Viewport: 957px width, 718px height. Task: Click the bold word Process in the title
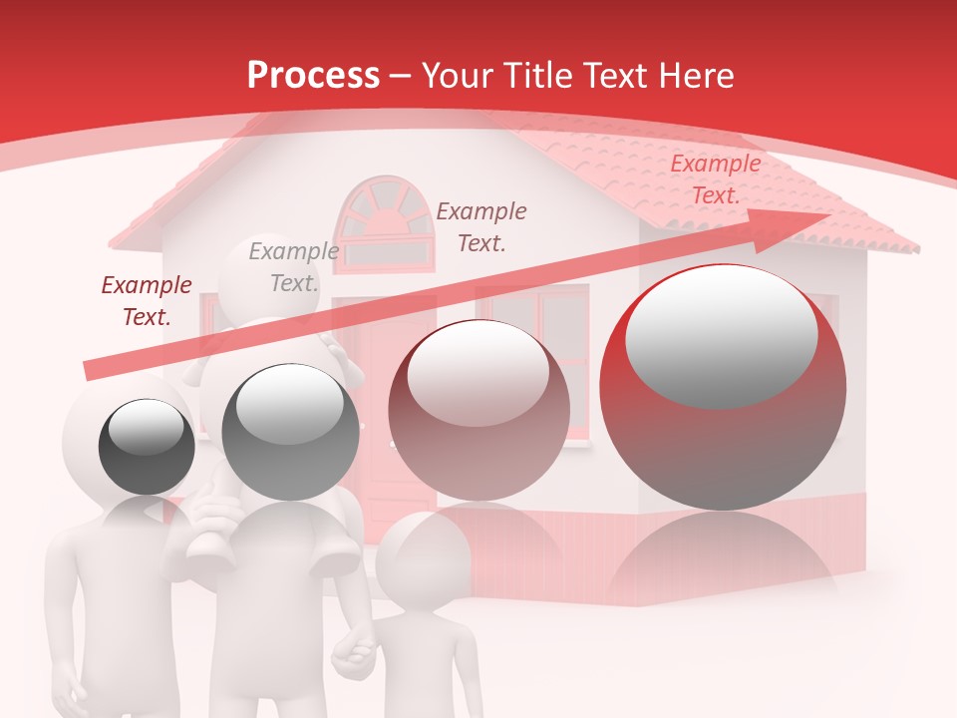(313, 76)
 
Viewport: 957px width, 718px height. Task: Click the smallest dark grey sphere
(147, 447)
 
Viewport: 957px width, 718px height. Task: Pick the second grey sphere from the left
(290, 432)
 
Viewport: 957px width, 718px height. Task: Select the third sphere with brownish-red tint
(478, 410)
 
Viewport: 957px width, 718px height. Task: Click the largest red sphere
(723, 387)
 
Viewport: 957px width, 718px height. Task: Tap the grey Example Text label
(293, 267)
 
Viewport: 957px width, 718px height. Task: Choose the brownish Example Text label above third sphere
(481, 226)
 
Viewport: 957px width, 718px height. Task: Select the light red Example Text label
(715, 179)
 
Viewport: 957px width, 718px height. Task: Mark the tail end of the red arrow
(90, 371)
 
